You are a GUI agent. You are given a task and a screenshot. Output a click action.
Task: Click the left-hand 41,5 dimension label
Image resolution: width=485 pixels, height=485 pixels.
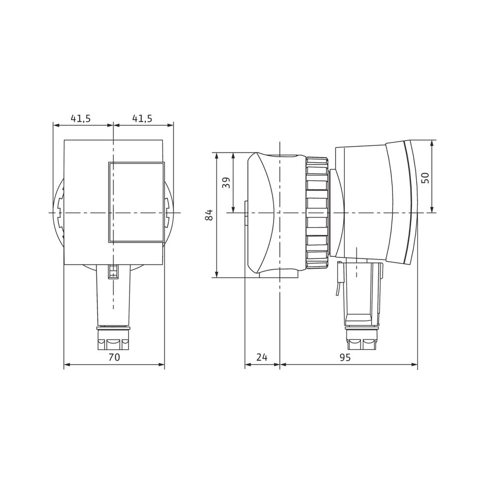[81, 118]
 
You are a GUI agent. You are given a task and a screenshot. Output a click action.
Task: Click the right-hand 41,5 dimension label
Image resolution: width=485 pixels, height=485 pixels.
[142, 118]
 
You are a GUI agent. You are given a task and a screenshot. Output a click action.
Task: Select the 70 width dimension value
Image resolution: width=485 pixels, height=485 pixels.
[114, 357]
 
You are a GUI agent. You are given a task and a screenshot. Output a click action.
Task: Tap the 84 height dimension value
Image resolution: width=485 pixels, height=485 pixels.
[209, 215]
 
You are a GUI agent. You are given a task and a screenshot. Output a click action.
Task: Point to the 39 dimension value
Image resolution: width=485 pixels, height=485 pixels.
[226, 182]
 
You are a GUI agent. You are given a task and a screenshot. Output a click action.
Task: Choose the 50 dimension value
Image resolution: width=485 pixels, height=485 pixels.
[425, 177]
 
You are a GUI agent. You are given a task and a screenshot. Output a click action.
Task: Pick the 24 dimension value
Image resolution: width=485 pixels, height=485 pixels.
[262, 357]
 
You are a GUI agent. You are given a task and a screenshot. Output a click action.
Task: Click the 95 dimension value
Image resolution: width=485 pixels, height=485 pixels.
[345, 357]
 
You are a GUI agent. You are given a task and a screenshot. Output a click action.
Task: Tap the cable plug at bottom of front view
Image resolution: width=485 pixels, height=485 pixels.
[113, 338]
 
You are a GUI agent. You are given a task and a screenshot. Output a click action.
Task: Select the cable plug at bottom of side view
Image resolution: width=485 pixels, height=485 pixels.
[361, 338]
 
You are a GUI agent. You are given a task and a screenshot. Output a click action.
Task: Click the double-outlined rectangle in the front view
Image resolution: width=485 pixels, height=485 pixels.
[136, 202]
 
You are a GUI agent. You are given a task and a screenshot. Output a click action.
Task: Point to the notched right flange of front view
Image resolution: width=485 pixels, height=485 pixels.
[168, 213]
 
